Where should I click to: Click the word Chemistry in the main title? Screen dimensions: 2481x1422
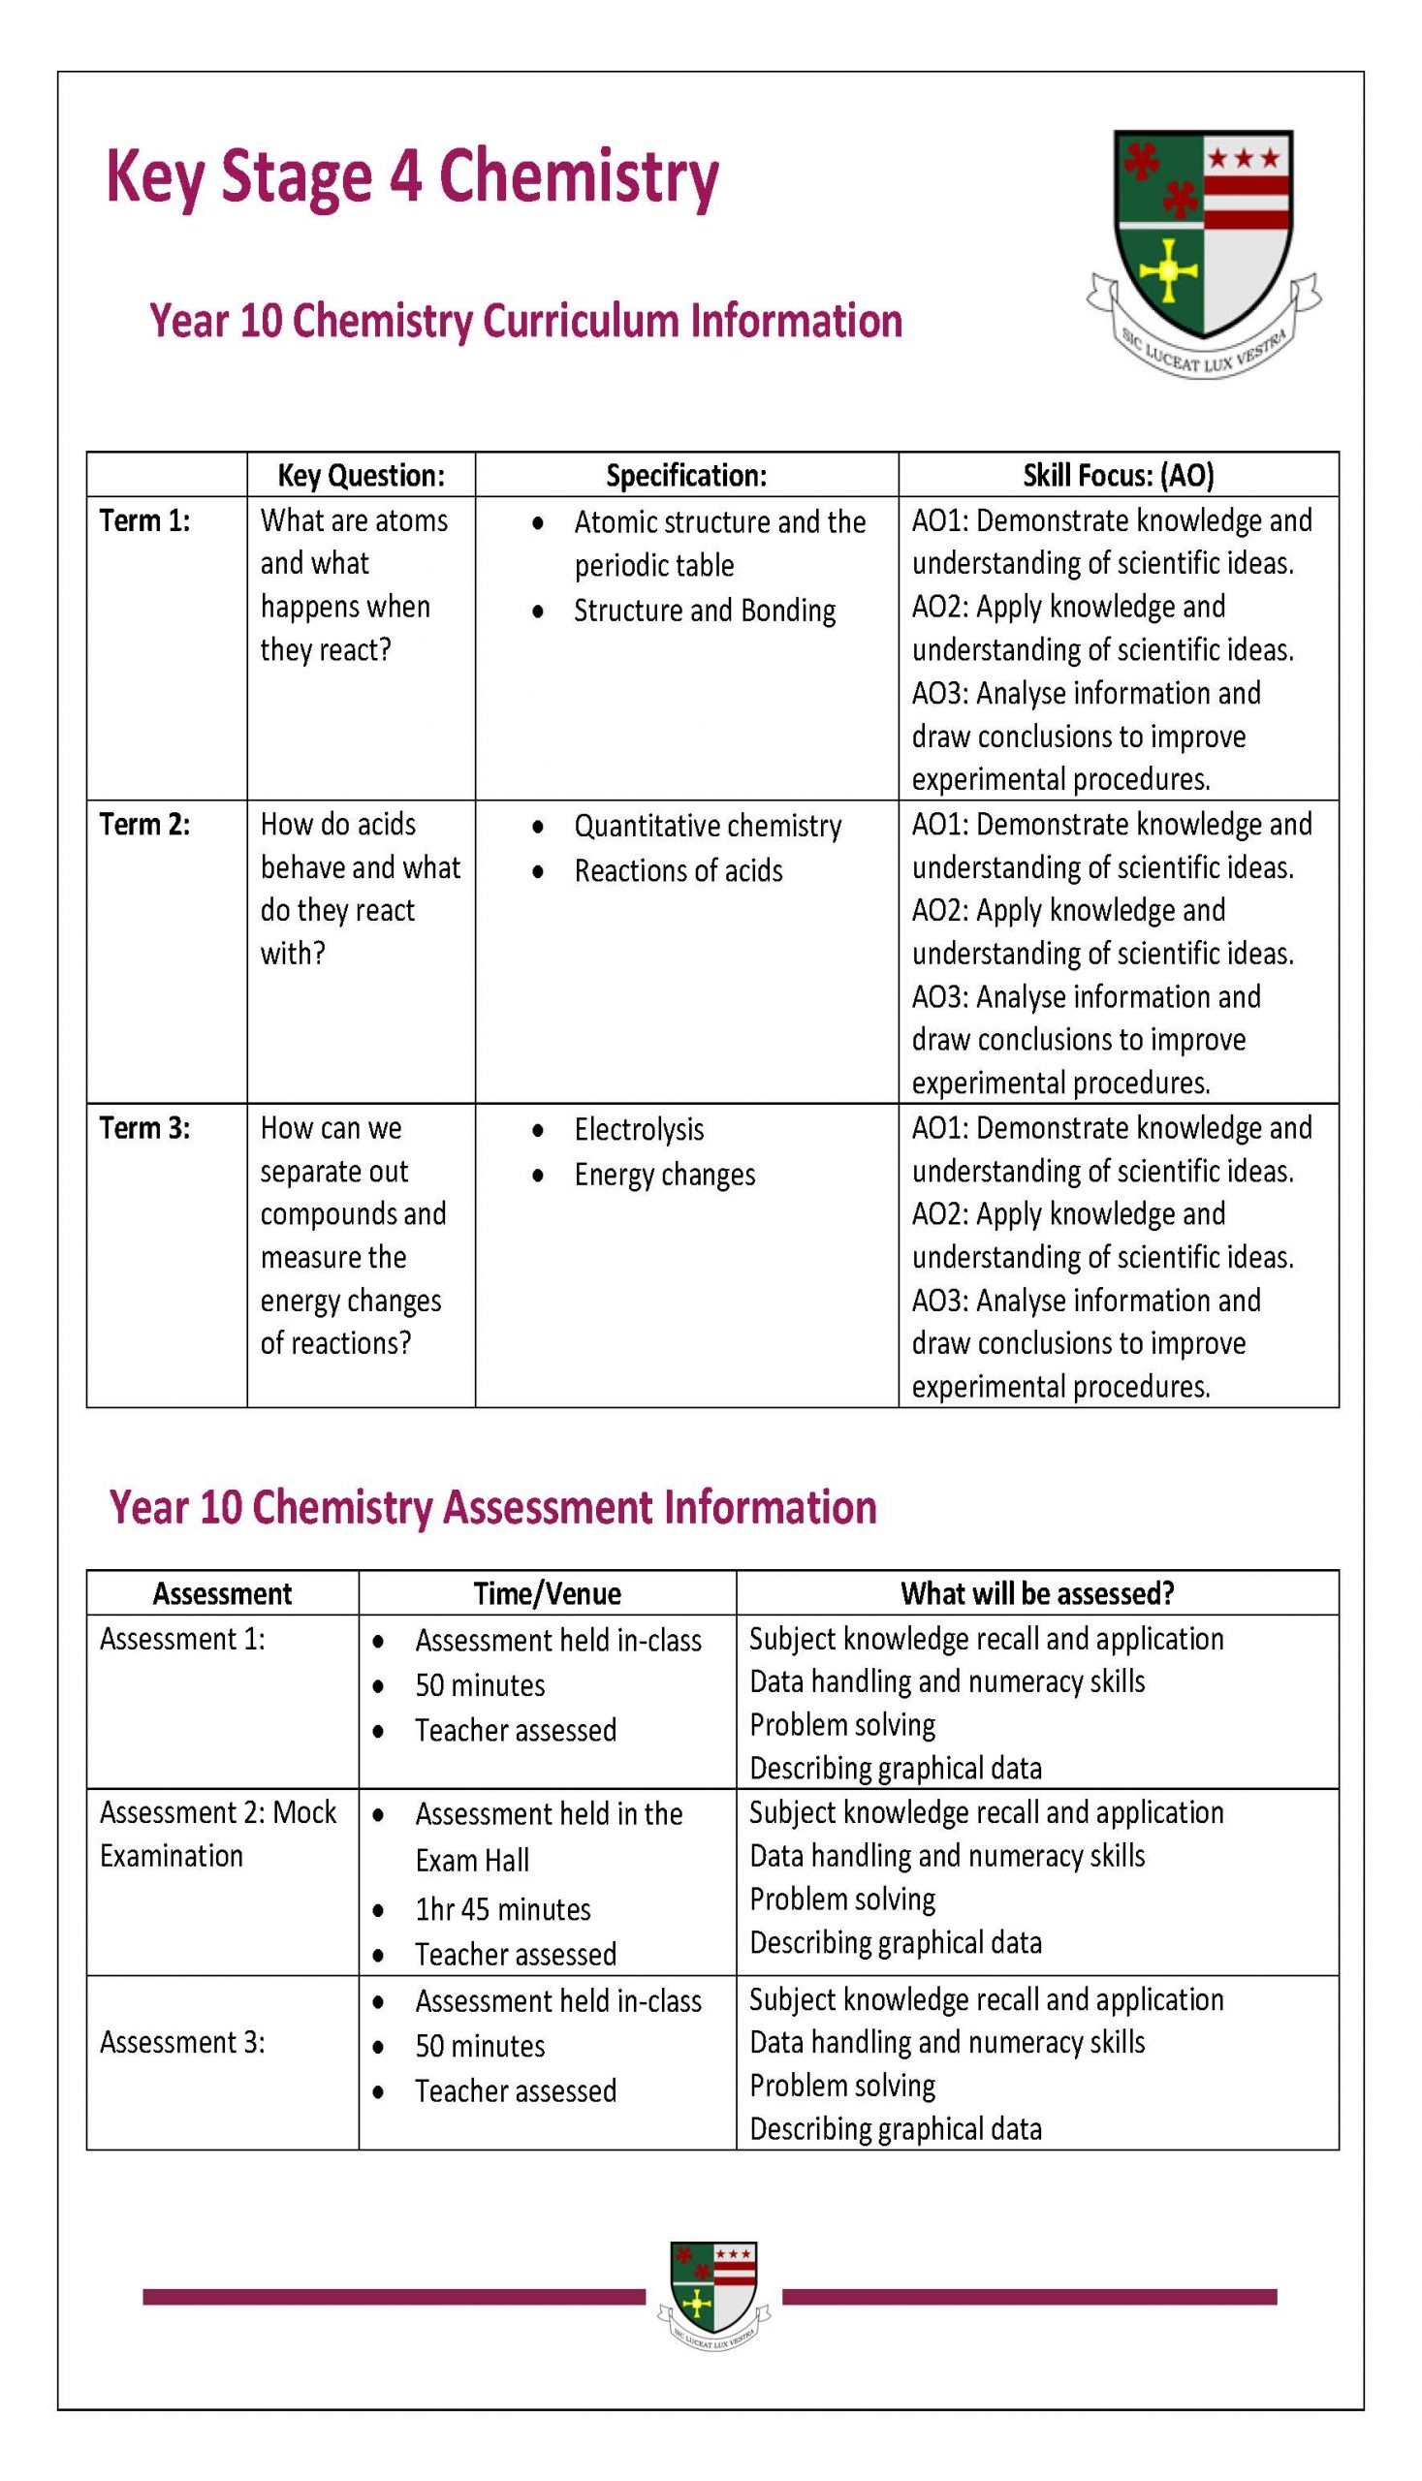point(578,178)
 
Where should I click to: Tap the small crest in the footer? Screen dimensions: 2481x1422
point(714,2295)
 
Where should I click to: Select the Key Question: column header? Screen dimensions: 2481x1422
point(361,476)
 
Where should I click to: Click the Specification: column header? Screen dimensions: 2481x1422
point(685,476)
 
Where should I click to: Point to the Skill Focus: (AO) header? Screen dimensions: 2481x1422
point(1118,476)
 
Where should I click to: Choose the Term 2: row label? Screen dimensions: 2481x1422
point(144,824)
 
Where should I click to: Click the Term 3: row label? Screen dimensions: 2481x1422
point(144,1128)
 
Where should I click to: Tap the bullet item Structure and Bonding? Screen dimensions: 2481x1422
point(704,611)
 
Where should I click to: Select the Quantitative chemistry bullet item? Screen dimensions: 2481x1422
point(707,826)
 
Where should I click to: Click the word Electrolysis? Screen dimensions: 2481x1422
point(639,1130)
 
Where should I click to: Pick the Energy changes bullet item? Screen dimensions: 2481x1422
point(664,1175)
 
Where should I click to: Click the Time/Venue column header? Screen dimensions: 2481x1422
point(547,1593)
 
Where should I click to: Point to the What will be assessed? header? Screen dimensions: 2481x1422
point(1036,1593)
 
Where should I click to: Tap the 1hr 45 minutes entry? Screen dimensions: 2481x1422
point(503,1909)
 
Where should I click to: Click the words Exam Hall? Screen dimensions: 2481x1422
point(472,1861)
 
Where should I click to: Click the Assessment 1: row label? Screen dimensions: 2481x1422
point(181,1639)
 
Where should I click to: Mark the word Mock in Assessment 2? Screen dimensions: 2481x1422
point(303,1812)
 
